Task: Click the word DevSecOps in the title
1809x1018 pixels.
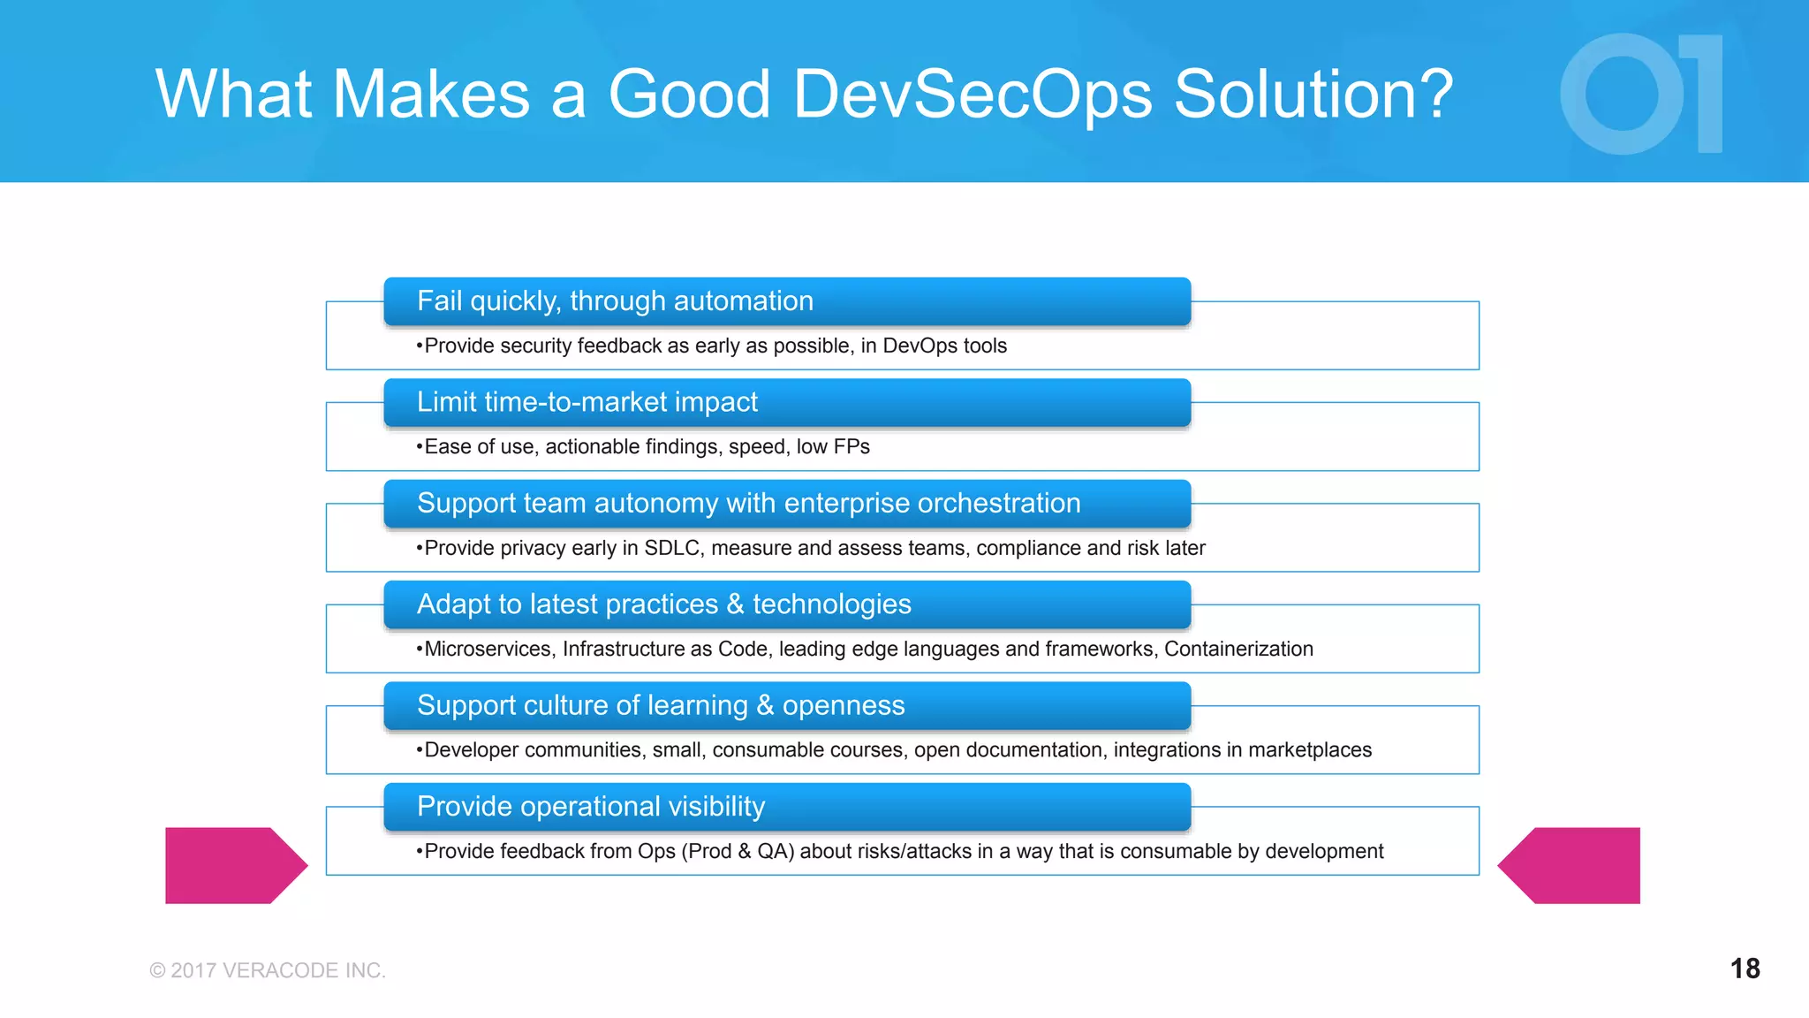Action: [973, 95]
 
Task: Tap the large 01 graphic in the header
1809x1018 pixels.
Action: [1641, 95]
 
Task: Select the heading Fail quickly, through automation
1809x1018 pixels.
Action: [615, 301]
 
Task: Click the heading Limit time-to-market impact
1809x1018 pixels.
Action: [587, 402]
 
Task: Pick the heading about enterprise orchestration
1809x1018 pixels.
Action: [748, 504]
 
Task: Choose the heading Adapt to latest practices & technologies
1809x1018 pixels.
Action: [663, 604]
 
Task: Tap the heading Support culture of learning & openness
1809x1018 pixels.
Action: [661, 705]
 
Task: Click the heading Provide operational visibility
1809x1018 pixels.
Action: [590, 807]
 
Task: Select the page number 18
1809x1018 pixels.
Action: [1745, 969]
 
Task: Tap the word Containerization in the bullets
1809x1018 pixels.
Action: [1238, 650]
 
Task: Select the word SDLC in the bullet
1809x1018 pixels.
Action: [672, 548]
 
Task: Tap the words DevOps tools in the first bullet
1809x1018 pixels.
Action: [944, 346]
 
